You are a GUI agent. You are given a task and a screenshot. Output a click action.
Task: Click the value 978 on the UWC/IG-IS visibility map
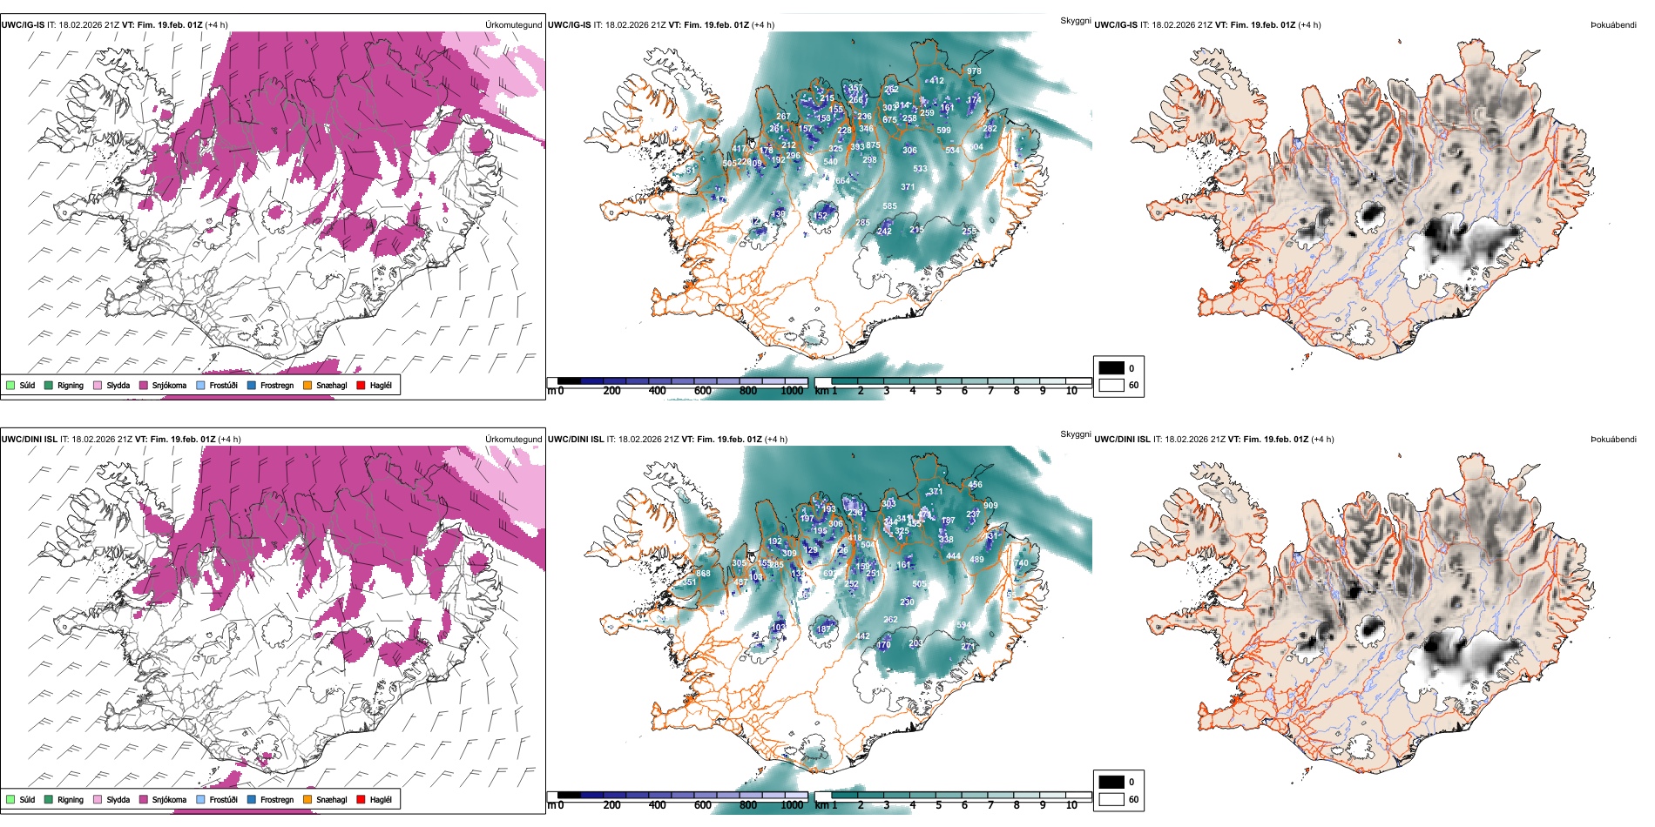(x=973, y=71)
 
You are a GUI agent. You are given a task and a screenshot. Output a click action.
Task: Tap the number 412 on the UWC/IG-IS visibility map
(x=936, y=81)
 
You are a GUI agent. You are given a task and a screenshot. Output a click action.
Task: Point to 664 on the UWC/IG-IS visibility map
(x=842, y=181)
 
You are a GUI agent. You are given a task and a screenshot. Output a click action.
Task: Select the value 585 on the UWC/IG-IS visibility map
(x=889, y=207)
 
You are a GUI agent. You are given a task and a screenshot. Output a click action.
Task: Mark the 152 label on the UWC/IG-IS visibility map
(x=821, y=216)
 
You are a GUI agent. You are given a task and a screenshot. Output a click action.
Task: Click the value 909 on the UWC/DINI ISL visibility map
(x=990, y=506)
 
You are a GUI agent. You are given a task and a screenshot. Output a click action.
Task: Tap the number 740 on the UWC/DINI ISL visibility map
(x=1022, y=563)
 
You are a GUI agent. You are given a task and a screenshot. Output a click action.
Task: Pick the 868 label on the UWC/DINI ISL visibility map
(x=703, y=574)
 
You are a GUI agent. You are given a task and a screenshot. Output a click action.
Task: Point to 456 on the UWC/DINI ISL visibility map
(x=975, y=485)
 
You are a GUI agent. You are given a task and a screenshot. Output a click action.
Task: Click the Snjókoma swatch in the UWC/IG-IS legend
(x=144, y=385)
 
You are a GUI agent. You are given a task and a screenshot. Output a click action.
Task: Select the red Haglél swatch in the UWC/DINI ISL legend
(x=361, y=799)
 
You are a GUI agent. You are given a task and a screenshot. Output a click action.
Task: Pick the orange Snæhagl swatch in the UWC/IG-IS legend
(x=307, y=385)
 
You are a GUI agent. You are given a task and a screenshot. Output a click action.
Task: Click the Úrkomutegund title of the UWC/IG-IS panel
(x=513, y=25)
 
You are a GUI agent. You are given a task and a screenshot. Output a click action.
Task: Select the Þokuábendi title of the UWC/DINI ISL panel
(x=1613, y=439)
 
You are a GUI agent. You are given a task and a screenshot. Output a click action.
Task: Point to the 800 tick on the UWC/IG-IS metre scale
(x=748, y=391)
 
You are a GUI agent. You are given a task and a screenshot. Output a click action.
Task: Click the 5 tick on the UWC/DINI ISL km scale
(x=938, y=805)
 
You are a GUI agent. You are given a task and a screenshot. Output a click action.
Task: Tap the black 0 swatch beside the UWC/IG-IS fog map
(x=1111, y=368)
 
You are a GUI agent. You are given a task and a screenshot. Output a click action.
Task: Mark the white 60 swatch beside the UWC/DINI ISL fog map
(x=1111, y=799)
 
